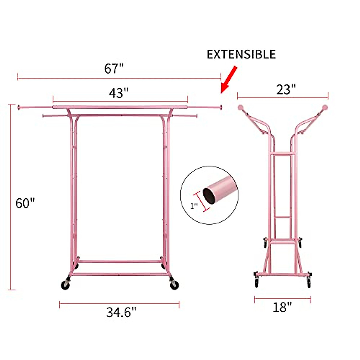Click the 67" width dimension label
114,69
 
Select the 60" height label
25,203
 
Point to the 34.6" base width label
121,313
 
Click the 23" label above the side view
286,89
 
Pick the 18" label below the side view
282,307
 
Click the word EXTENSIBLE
241,54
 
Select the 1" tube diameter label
194,206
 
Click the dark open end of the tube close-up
209,196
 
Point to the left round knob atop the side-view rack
241,107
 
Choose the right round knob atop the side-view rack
325,107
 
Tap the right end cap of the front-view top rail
220,107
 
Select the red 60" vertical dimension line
11,196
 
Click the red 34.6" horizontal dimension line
119,304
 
